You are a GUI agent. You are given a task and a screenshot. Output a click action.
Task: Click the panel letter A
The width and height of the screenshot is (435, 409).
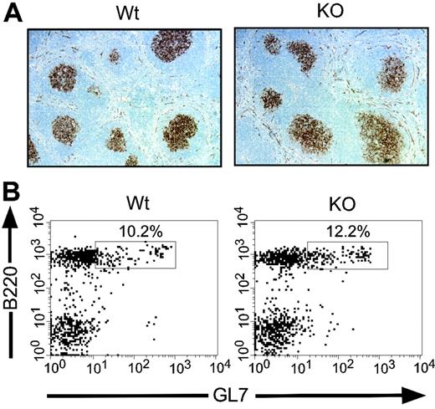click(13, 16)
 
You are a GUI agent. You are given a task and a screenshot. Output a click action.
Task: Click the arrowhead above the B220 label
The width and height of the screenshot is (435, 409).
click(12, 216)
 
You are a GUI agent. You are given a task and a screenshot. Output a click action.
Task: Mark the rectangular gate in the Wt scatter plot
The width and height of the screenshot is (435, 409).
click(136, 255)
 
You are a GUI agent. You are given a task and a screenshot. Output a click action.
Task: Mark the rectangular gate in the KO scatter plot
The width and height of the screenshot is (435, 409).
click(347, 255)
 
